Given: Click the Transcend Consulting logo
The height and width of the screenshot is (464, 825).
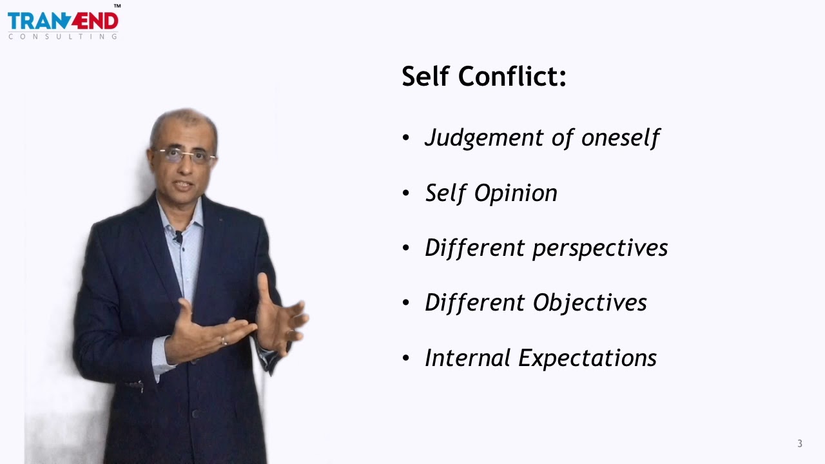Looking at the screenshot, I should (63, 23).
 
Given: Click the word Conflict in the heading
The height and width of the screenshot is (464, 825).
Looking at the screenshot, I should (513, 77).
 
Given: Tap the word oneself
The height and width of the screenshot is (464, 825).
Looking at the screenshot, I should (621, 137).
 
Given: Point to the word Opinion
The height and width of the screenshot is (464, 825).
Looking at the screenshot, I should (516, 193).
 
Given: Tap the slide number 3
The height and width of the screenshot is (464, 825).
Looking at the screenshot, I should (800, 443).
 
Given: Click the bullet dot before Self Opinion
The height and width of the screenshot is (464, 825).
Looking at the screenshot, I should (405, 193).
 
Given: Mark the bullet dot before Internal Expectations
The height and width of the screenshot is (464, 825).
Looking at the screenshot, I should (405, 358).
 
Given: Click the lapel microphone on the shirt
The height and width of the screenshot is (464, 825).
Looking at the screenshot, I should (178, 237).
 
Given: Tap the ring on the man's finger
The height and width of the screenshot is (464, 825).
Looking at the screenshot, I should (224, 341).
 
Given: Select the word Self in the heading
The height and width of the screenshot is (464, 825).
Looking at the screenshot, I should (425, 77).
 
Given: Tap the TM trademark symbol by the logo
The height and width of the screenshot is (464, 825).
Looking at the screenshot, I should (117, 6).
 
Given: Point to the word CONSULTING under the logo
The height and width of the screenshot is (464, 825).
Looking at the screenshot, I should (63, 37).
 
